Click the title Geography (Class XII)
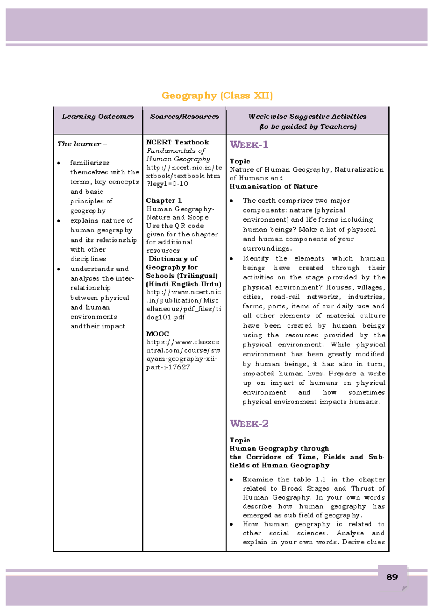(x=217, y=96)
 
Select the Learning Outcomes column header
(x=98, y=117)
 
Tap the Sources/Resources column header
(x=184, y=117)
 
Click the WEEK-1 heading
(x=249, y=145)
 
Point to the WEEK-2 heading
(x=249, y=424)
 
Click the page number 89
(x=392, y=577)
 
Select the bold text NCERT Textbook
(x=177, y=142)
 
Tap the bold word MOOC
(x=157, y=334)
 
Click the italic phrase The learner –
(x=82, y=144)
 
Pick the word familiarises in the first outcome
(x=90, y=163)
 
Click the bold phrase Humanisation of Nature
(x=273, y=186)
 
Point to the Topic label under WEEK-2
(x=240, y=440)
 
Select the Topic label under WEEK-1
(x=240, y=161)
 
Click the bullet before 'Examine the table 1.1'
(x=231, y=480)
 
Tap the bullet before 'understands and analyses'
(x=59, y=269)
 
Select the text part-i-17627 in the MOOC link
(x=168, y=367)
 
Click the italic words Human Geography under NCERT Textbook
(x=178, y=159)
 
